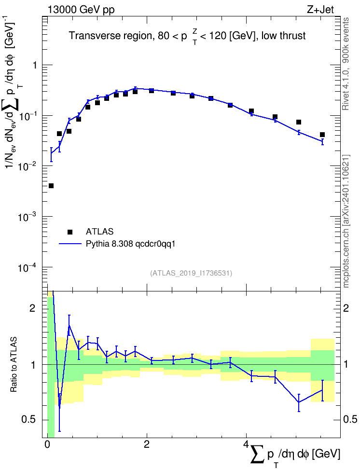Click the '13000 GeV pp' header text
tap(81, 10)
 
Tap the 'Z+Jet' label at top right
tap(320, 10)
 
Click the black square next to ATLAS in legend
tap(70, 232)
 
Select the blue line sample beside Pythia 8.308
tap(70, 244)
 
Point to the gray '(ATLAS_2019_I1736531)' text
tap(191, 273)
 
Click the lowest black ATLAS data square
tap(51, 186)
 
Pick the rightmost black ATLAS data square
tap(322, 135)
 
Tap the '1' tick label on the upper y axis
tap(35, 65)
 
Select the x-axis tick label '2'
tap(147, 444)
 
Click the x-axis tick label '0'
tap(47, 444)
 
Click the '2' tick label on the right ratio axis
tap(346, 308)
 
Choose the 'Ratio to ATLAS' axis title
tap(14, 364)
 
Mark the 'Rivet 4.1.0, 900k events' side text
tap(346, 64)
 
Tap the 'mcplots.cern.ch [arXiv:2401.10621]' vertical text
tap(346, 221)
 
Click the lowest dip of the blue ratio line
tap(59, 406)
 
